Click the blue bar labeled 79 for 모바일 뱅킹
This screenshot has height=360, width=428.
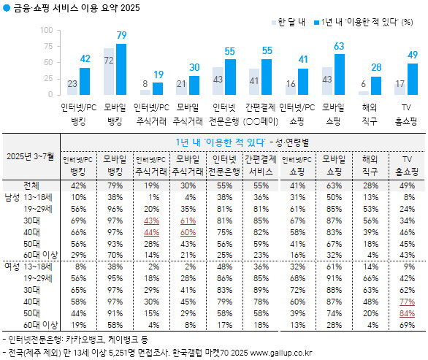point(121,69)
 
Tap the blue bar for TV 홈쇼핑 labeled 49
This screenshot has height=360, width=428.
point(412,79)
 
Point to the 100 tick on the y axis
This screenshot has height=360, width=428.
point(47,31)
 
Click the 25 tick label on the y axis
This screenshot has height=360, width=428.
point(49,79)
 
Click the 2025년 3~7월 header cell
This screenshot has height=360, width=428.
point(31,156)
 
